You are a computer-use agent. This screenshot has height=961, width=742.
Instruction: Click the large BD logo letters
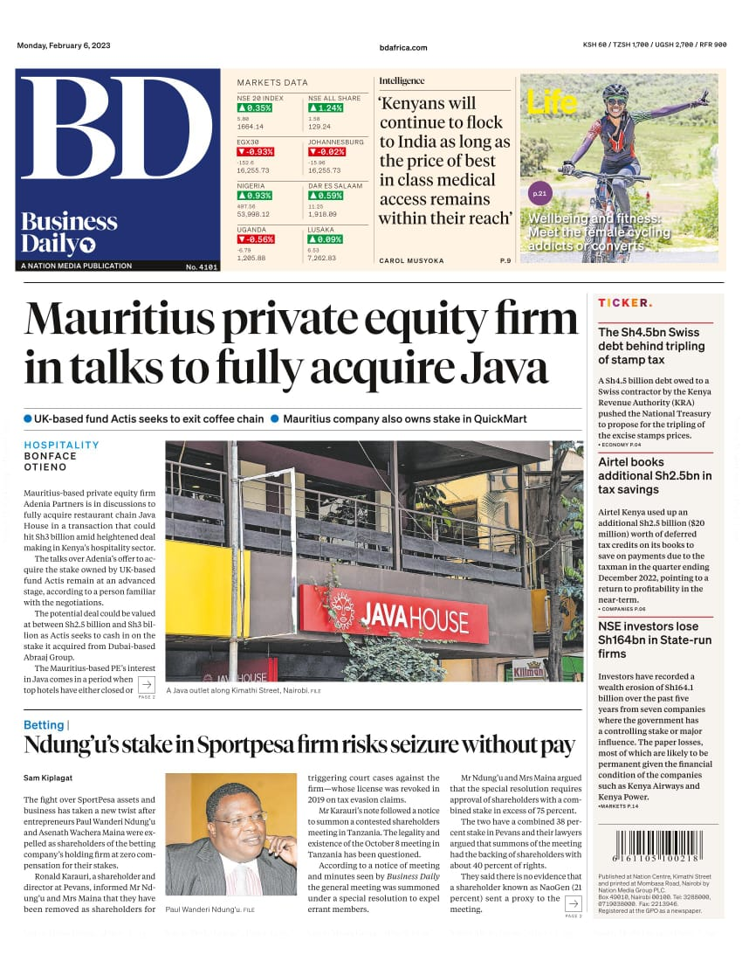[116, 131]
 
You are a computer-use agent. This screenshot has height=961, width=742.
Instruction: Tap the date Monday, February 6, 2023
[64, 46]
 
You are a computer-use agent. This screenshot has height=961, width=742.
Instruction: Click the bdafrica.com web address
[403, 47]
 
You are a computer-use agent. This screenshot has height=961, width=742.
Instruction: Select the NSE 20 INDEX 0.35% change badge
[255, 108]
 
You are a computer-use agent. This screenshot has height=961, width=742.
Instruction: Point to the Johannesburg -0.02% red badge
[326, 152]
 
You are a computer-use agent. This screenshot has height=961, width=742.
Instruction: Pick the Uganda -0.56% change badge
[256, 239]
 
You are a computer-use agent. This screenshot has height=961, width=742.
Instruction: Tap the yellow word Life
[552, 103]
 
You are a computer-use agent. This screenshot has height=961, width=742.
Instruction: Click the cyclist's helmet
[615, 91]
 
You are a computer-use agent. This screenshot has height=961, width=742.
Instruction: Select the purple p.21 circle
[540, 193]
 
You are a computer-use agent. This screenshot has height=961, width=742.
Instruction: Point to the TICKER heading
[624, 303]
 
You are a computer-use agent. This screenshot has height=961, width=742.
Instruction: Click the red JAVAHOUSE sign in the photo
[394, 612]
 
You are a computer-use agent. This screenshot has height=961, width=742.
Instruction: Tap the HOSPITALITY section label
[61, 445]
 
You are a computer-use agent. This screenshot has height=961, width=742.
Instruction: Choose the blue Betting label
[44, 725]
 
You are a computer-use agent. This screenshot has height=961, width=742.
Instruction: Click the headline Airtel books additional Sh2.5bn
[655, 476]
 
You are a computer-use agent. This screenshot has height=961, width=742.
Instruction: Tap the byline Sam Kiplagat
[48, 778]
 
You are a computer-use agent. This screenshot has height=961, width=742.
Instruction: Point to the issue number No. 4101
[202, 266]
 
